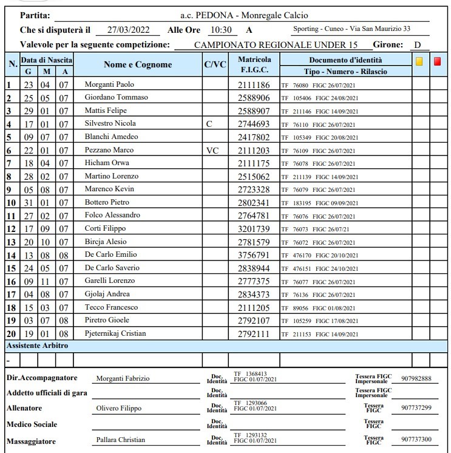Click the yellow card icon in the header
pos(419,61)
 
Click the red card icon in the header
pos(438,61)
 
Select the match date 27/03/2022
pos(129,30)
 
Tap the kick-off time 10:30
pos(220,30)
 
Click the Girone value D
pos(417,44)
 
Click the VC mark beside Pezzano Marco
pos(212,149)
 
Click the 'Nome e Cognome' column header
pos(138,65)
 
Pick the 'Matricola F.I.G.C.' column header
pos(254,65)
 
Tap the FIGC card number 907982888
pos(416,378)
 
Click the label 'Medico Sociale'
pos(32,424)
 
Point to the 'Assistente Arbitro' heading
pos(37,346)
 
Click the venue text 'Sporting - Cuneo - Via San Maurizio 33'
pos(351,29)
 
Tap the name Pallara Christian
pos(120,440)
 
